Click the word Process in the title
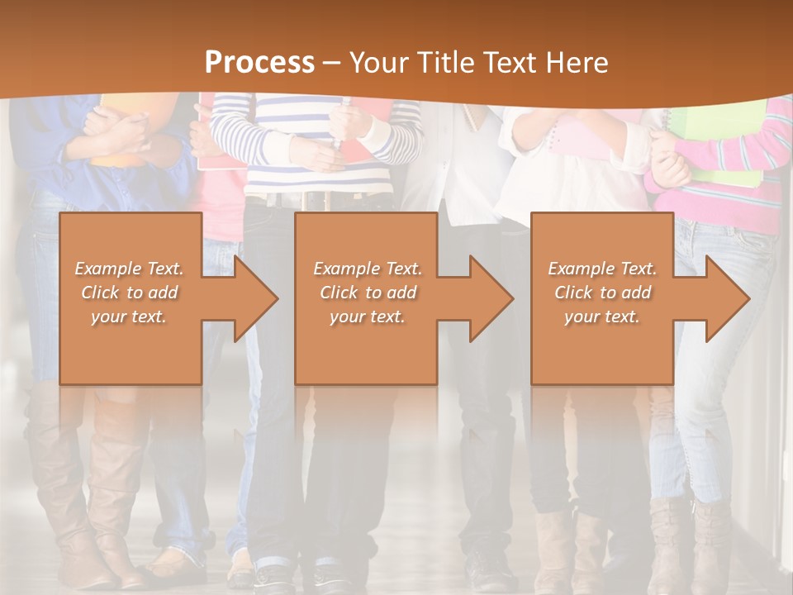pyautogui.click(x=259, y=62)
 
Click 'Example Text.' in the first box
pyautogui.click(x=130, y=269)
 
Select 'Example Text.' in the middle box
pyautogui.click(x=368, y=269)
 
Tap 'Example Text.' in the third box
pyautogui.click(x=602, y=269)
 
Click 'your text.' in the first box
pyautogui.click(x=129, y=317)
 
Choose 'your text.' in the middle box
pyautogui.click(x=368, y=317)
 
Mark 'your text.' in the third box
pyautogui.click(x=602, y=317)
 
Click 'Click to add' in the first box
pyautogui.click(x=130, y=293)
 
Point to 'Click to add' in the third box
pyautogui.click(x=602, y=293)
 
